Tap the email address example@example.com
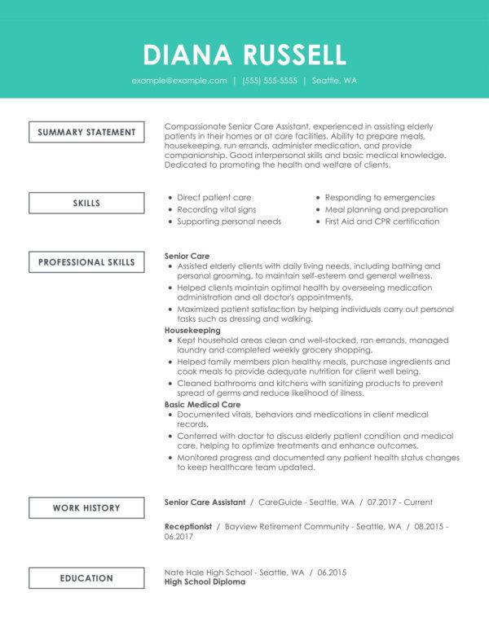pos(179,81)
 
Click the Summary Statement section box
pos(86,132)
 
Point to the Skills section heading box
pos(86,202)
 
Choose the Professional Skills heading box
pos(86,262)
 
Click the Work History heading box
pos(86,507)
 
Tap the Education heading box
pos(86,577)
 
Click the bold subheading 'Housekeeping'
pos(193,331)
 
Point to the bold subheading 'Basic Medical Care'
pos(203,405)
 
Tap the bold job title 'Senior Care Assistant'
pos(205,503)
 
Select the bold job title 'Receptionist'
pos(188,527)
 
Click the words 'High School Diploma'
pos(205,582)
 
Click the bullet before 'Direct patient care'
pos(170,197)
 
